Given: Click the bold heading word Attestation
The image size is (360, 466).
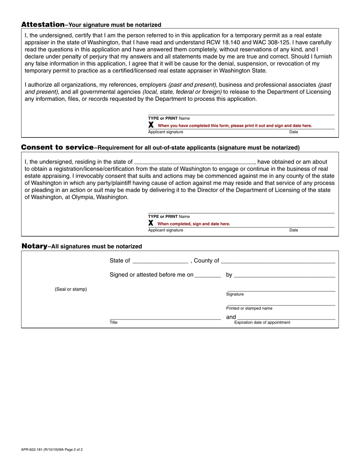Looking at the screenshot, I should [43, 25].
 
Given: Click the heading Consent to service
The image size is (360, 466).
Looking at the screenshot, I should [57, 147].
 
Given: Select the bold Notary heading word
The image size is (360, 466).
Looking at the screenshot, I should [34, 246].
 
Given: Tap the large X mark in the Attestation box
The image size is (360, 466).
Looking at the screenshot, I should [151, 125].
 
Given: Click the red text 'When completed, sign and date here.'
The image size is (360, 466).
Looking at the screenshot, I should [194, 224].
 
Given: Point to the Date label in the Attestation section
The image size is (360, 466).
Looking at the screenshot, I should [294, 132].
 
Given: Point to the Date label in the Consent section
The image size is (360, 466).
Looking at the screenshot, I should [294, 230].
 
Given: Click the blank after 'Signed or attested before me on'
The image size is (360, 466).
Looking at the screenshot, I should [208, 275].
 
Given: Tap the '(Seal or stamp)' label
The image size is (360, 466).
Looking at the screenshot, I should [71, 289].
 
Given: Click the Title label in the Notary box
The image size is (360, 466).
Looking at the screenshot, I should [114, 322].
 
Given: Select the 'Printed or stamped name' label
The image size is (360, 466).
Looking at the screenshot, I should [249, 308].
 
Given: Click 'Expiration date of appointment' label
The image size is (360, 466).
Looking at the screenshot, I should [262, 322].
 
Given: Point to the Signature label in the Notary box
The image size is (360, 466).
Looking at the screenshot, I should [235, 294].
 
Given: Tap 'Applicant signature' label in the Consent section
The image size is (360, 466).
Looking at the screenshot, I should [166, 230].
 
